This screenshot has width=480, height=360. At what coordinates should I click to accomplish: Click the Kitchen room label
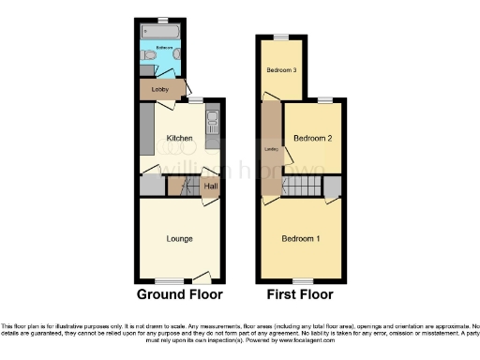coord(179,139)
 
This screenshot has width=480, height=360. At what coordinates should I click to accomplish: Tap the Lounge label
coord(179,239)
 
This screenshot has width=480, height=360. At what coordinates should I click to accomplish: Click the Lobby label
coord(159,90)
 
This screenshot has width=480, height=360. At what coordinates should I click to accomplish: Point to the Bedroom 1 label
coord(301,239)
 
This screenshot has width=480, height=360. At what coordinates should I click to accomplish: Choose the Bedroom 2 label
coord(313,139)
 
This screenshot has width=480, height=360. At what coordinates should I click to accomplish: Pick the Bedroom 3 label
coord(281,70)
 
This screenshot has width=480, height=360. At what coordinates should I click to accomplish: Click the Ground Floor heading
coord(180,294)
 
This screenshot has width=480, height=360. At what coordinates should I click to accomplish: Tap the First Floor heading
coord(301,294)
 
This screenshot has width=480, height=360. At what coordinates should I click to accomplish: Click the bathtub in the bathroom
coord(162,33)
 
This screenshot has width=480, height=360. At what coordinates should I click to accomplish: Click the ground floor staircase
coord(185,187)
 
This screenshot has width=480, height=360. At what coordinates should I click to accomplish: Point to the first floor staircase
coord(301,187)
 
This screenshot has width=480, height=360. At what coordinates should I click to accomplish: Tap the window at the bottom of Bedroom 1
coord(301,281)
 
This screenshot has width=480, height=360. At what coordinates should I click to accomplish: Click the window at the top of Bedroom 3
coord(281,37)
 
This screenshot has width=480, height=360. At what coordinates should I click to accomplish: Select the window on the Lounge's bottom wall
coord(169,281)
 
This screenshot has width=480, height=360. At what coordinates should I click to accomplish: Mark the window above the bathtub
coord(162,20)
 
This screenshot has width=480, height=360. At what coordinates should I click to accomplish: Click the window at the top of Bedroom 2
coord(323,98)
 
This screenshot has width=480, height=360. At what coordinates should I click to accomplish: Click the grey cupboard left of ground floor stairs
coord(151,187)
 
